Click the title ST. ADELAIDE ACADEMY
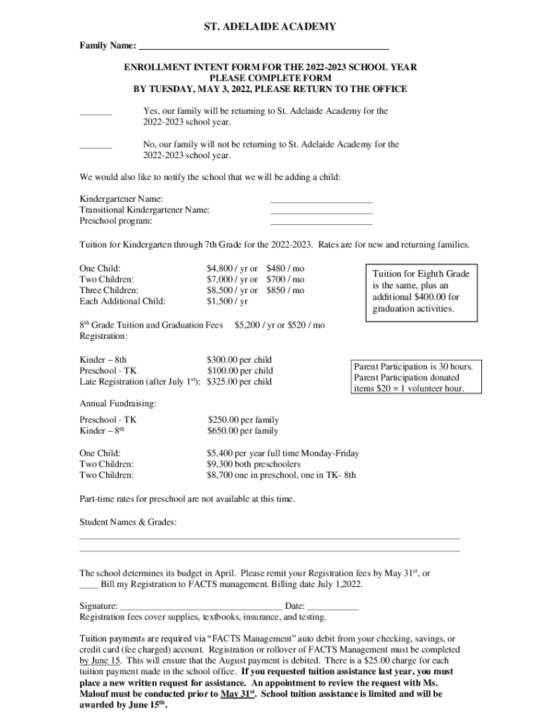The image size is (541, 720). click(270, 27)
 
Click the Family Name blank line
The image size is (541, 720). click(263, 48)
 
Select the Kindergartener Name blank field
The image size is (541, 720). click(321, 202)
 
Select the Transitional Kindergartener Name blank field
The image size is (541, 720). click(321, 213)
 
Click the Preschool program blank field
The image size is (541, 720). click(321, 224)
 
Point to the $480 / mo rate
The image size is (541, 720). click(285, 269)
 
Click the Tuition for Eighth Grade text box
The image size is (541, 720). click(421, 291)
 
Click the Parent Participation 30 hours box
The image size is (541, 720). click(417, 377)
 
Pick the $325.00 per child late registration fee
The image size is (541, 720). click(240, 382)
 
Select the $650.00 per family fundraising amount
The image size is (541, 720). click(242, 431)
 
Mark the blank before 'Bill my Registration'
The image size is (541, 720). click(89, 584)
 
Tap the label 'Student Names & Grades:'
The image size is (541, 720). click(128, 522)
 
